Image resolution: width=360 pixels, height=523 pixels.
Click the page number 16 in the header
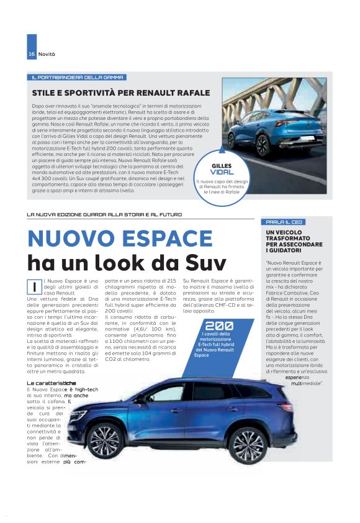[30, 55]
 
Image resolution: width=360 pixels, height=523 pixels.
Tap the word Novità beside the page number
[47, 55]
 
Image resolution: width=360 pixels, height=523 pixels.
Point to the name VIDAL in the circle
[222, 171]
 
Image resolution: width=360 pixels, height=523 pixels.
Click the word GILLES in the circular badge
[222, 165]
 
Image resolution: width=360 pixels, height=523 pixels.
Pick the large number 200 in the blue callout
[219, 325]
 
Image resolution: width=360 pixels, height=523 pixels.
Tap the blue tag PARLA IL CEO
[285, 222]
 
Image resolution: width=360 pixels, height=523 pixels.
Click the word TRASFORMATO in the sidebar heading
[289, 239]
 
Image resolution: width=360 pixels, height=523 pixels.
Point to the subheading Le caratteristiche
[52, 366]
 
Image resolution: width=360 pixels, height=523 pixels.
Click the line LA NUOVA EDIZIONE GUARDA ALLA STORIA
[104, 214]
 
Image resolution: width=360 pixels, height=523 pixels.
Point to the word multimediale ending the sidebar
[308, 366]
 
